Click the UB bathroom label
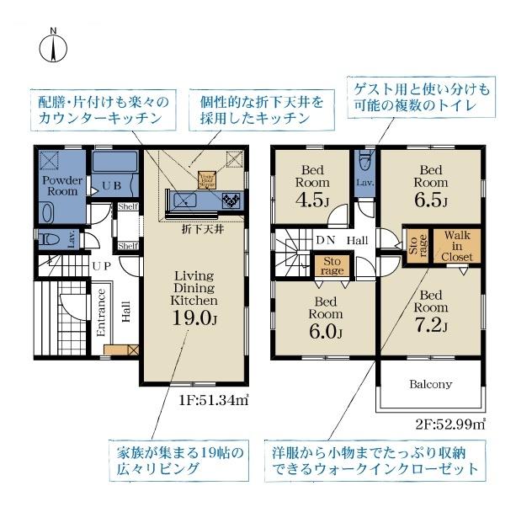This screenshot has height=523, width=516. (111, 185)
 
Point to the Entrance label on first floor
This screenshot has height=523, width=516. (102, 313)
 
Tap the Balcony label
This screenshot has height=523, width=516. (430, 384)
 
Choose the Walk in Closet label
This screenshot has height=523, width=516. (458, 246)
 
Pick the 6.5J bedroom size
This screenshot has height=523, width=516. (430, 200)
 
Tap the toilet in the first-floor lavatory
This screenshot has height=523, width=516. (51, 240)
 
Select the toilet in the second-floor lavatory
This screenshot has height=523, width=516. (364, 161)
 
